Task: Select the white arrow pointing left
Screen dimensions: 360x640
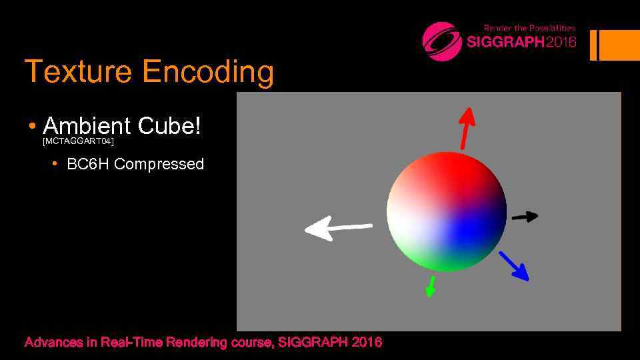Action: pyautogui.click(x=337, y=229)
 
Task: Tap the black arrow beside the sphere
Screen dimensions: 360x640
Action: pyautogui.click(x=525, y=216)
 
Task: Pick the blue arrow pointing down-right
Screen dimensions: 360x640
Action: pyautogui.click(x=514, y=265)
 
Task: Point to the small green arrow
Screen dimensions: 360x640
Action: pyautogui.click(x=431, y=286)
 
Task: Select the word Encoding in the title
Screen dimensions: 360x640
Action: pyautogui.click(x=207, y=72)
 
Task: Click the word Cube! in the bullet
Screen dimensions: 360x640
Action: pyautogui.click(x=169, y=125)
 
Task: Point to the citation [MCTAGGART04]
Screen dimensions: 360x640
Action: pyautogui.click(x=78, y=142)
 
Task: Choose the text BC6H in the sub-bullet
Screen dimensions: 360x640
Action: pyautogui.click(x=88, y=164)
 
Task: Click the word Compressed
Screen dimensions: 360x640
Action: pyautogui.click(x=159, y=164)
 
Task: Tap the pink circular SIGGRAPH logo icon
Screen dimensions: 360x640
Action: pyautogui.click(x=442, y=41)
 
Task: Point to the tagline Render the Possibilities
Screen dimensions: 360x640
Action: pyautogui.click(x=529, y=28)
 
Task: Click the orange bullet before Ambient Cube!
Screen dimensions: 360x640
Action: pyautogui.click(x=31, y=127)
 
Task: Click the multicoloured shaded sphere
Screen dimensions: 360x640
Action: pyautogui.click(x=447, y=211)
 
